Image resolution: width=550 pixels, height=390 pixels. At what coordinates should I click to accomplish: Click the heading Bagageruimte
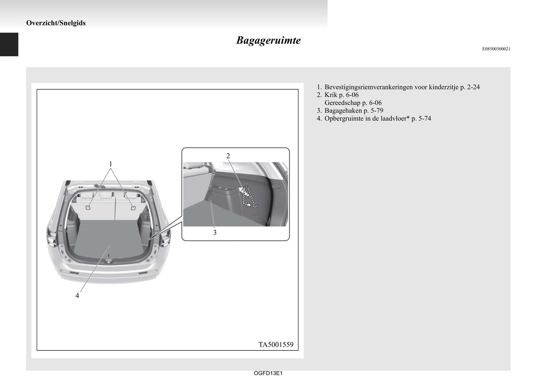click(x=268, y=40)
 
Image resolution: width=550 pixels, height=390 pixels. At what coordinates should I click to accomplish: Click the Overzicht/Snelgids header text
click(x=56, y=23)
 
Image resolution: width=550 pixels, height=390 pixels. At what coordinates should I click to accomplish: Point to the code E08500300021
click(x=496, y=49)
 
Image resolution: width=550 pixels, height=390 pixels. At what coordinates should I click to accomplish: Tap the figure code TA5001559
click(x=276, y=345)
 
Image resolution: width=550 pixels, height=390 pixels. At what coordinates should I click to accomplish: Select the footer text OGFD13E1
click(x=268, y=373)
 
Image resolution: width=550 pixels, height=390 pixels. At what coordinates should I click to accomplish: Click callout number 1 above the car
click(x=110, y=163)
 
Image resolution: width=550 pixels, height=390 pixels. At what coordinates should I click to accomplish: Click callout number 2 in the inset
click(x=228, y=156)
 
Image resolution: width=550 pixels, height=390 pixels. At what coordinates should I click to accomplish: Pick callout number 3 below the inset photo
click(x=215, y=233)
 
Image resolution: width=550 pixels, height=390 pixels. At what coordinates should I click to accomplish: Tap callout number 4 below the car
click(x=77, y=296)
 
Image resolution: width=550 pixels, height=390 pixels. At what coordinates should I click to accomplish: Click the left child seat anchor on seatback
click(x=88, y=208)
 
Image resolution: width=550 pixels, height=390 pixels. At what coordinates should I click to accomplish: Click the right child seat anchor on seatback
click(x=133, y=208)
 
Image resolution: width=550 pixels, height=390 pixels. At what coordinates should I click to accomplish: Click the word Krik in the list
click(x=331, y=95)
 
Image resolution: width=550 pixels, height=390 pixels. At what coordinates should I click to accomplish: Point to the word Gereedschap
click(x=342, y=103)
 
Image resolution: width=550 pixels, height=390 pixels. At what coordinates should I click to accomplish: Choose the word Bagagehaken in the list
click(x=343, y=111)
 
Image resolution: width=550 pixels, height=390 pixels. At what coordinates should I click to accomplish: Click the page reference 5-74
click(x=424, y=119)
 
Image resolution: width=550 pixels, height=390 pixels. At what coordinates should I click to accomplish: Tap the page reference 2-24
click(x=473, y=87)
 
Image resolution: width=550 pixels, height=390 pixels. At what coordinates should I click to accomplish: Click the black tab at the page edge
click(x=9, y=44)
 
